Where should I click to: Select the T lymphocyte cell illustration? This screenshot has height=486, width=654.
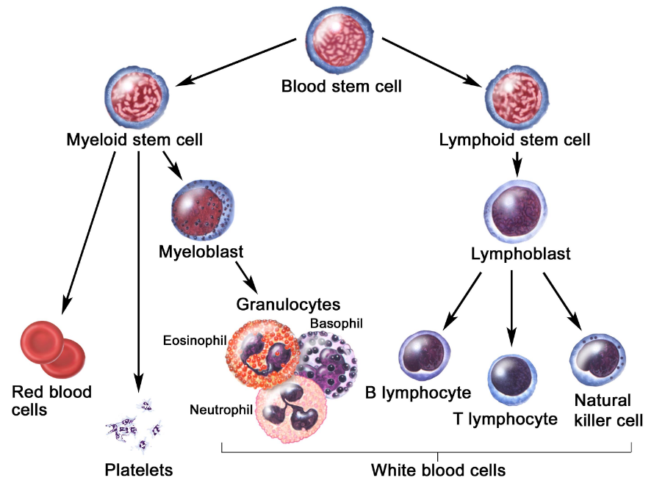tap(513, 379)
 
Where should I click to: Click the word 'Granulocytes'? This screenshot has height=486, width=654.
tap(288, 304)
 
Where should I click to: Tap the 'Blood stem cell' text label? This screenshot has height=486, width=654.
tap(342, 87)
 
